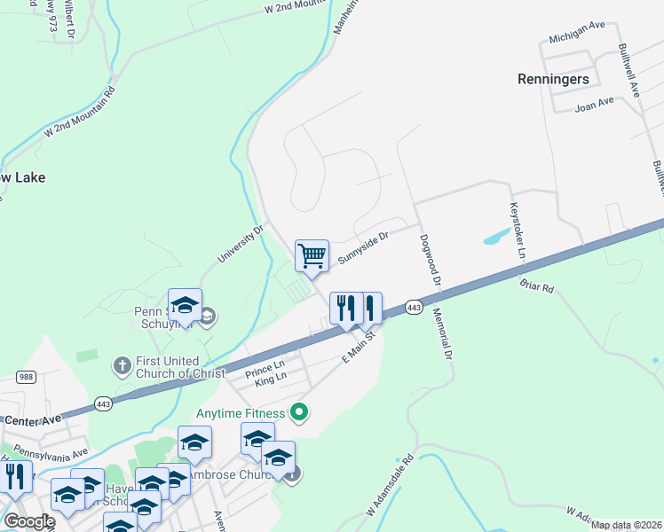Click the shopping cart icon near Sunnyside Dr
[x=312, y=256]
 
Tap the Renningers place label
[x=553, y=79]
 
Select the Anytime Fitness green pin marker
[x=300, y=411]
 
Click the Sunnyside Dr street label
[x=364, y=249]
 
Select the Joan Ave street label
[x=594, y=102]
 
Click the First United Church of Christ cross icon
[x=123, y=364]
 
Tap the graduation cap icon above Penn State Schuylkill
[x=185, y=305]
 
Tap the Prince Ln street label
[x=265, y=365]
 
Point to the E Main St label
[x=360, y=347]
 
